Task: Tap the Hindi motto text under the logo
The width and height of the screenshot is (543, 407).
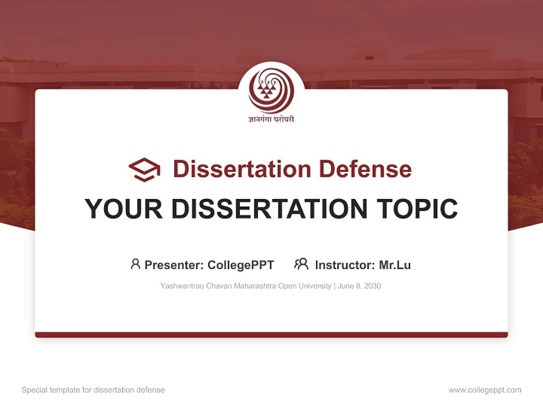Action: coord(271,119)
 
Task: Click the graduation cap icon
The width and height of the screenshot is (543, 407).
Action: coord(144,170)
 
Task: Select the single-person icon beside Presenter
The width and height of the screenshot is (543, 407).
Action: coord(135,264)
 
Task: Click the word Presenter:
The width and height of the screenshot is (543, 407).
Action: coord(174,265)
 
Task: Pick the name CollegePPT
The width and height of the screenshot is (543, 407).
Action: coord(241,265)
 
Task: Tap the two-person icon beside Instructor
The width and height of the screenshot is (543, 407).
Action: coord(301,264)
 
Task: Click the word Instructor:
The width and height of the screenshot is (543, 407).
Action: coord(344,265)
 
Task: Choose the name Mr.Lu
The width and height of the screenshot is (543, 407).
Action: coord(395,265)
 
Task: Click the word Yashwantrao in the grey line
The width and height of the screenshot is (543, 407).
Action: coord(179,286)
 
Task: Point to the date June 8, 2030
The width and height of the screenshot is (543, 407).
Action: coord(359,286)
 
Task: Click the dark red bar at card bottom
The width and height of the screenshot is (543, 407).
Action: coord(271,335)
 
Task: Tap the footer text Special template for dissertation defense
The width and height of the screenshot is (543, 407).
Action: coord(93,390)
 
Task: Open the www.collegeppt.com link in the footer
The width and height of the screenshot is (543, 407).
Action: coord(485,390)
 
